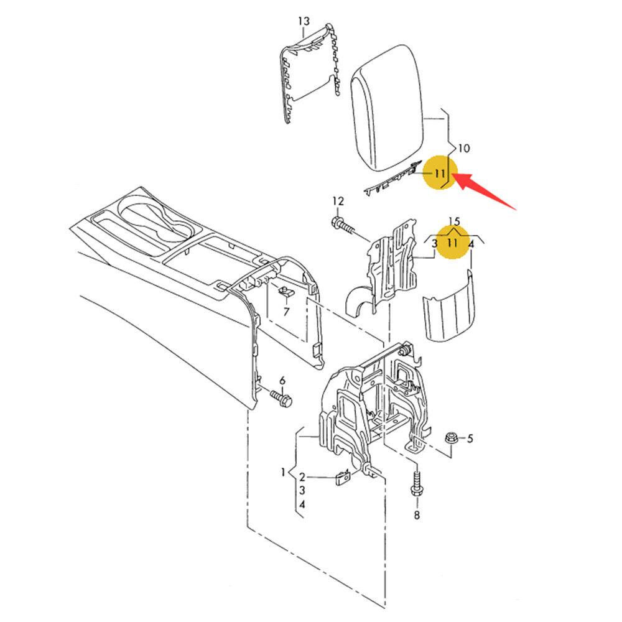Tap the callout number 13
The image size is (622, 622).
click(x=304, y=21)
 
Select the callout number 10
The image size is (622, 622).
click(x=464, y=149)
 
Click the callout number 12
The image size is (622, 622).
click(x=338, y=202)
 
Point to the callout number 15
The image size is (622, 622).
click(x=455, y=221)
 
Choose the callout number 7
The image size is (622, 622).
click(x=286, y=312)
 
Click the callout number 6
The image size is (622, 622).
click(x=282, y=381)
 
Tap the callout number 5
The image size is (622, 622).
click(x=470, y=439)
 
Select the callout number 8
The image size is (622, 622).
click(x=417, y=515)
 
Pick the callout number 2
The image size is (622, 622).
click(x=302, y=477)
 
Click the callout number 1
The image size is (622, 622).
click(x=283, y=473)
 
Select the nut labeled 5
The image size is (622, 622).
click(x=452, y=437)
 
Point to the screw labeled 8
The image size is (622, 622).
click(x=415, y=484)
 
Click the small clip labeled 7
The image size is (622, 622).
click(x=285, y=292)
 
